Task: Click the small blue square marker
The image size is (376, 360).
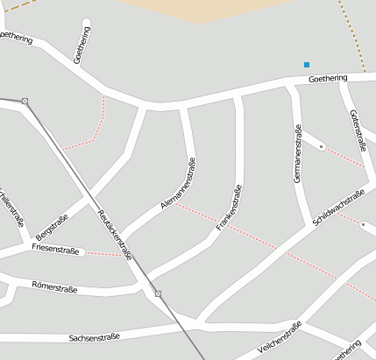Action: pyautogui.click(x=307, y=64)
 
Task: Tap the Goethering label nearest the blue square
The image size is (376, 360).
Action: pyautogui.click(x=328, y=80)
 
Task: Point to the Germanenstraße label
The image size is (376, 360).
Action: pyautogui.click(x=298, y=153)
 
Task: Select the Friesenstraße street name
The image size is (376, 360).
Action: pyautogui.click(x=55, y=251)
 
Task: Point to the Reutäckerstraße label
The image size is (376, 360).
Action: pyautogui.click(x=115, y=235)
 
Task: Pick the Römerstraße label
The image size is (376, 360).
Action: pyautogui.click(x=54, y=286)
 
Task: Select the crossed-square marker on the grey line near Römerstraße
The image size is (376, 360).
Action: pyautogui.click(x=158, y=293)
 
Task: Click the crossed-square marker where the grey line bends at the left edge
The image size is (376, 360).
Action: pyautogui.click(x=25, y=102)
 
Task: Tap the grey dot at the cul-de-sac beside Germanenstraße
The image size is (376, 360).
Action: pyautogui.click(x=322, y=145)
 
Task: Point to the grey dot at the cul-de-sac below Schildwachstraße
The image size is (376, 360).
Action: pyautogui.click(x=363, y=224)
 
